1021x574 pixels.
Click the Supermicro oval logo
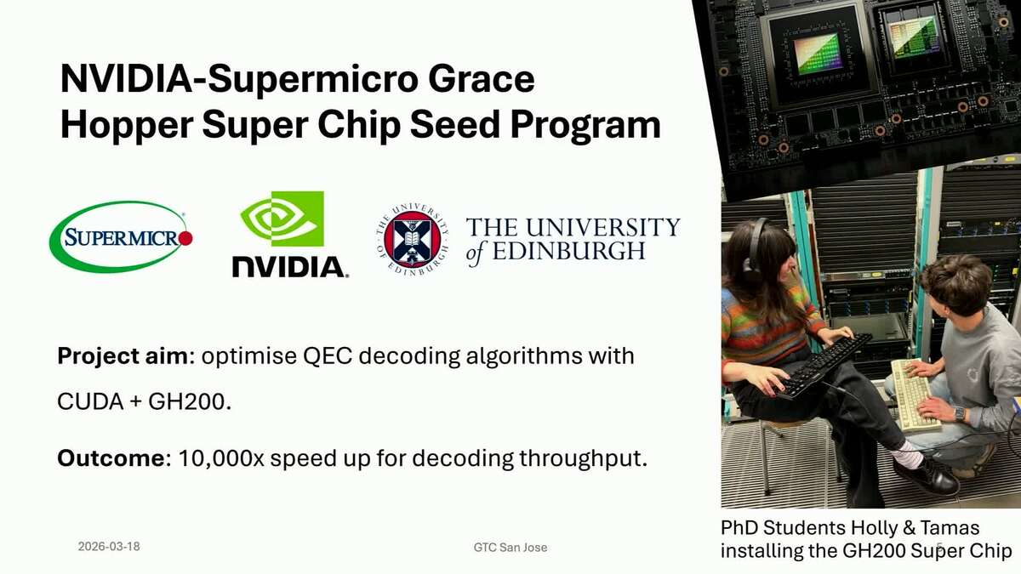tap(121, 237)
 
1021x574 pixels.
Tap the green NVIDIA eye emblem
tap(282, 219)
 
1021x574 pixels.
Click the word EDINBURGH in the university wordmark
tap(569, 251)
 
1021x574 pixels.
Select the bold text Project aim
tap(123, 356)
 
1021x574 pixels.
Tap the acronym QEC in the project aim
tap(328, 356)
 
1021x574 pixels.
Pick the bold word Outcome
tap(111, 458)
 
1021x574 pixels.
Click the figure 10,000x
tap(221, 458)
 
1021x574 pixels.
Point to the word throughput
tap(583, 458)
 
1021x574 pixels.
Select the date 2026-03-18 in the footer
tap(109, 547)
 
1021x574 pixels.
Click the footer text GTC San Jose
tap(510, 547)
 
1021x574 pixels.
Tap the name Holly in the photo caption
tap(875, 528)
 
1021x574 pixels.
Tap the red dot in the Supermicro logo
tap(185, 238)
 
